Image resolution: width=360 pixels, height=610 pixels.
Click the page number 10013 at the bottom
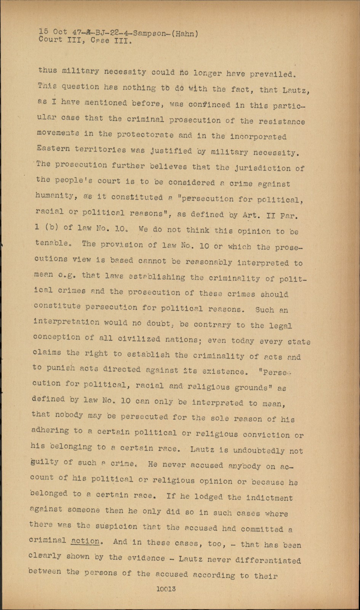pyautogui.click(x=166, y=588)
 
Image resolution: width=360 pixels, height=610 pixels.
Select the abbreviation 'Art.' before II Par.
pyautogui.click(x=251, y=215)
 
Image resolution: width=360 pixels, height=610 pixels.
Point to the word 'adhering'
pyautogui.click(x=50, y=430)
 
